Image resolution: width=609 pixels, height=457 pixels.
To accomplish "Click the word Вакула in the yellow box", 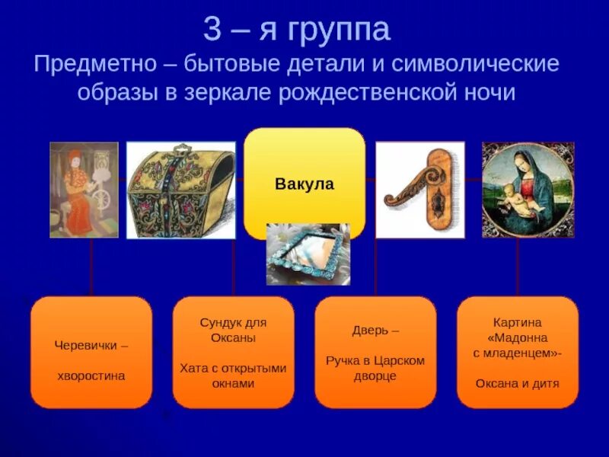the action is (x=304, y=184).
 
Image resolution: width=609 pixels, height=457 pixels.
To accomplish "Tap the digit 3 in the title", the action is (x=212, y=30).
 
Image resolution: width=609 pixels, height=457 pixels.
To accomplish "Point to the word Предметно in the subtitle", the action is (x=96, y=64).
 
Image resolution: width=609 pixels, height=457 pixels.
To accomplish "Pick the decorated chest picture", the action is (x=181, y=190).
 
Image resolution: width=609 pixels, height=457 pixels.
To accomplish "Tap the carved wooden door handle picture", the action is (x=420, y=190).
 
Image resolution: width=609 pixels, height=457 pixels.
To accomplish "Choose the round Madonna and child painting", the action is (x=528, y=190).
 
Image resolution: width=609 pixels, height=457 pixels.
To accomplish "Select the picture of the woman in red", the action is (x=84, y=190).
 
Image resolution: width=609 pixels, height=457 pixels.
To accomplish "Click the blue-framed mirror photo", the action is (x=308, y=254).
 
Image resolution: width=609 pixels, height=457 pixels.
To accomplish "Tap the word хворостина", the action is (x=91, y=376).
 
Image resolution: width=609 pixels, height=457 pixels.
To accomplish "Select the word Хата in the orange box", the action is (x=193, y=368).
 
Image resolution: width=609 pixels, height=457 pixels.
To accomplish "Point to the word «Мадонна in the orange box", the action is (x=518, y=337).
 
